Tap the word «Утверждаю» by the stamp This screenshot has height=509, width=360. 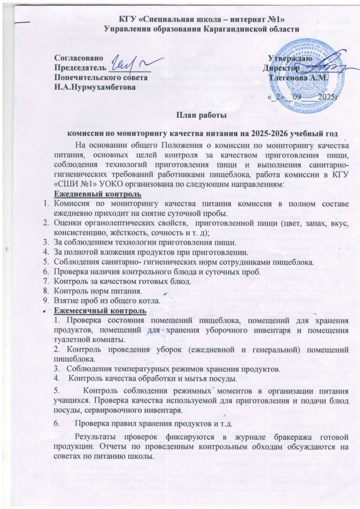[289, 59]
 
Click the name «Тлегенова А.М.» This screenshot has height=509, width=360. [292, 78]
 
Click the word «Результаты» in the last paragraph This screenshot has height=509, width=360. [96, 436]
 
